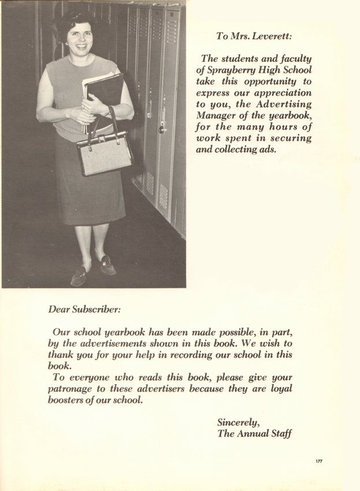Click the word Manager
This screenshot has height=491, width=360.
215,115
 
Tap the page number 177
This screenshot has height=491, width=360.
319,461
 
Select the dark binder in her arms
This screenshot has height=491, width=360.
104,92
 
